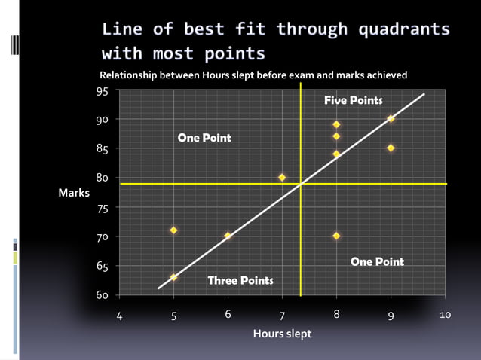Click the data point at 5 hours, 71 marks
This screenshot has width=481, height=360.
(x=173, y=230)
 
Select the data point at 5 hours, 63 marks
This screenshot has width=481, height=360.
(x=173, y=277)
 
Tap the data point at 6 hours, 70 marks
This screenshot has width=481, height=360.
(x=228, y=236)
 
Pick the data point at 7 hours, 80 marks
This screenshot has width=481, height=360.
(x=282, y=177)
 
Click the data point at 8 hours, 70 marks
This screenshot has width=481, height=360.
(x=336, y=236)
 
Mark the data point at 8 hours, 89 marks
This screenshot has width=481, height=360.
(x=336, y=124)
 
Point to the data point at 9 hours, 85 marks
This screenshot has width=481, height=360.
(x=391, y=148)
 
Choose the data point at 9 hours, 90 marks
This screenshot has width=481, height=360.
(x=391, y=118)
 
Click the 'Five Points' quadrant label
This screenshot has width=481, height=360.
(x=353, y=100)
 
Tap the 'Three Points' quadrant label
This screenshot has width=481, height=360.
(x=240, y=280)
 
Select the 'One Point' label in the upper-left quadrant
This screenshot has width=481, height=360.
(x=204, y=138)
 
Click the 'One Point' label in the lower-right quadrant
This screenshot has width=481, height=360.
(x=377, y=261)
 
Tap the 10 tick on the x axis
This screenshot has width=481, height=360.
(x=445, y=315)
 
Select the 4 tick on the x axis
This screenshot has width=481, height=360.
(x=119, y=316)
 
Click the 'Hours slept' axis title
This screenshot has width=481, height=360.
(x=282, y=334)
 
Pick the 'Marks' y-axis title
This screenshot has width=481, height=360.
(x=74, y=193)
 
